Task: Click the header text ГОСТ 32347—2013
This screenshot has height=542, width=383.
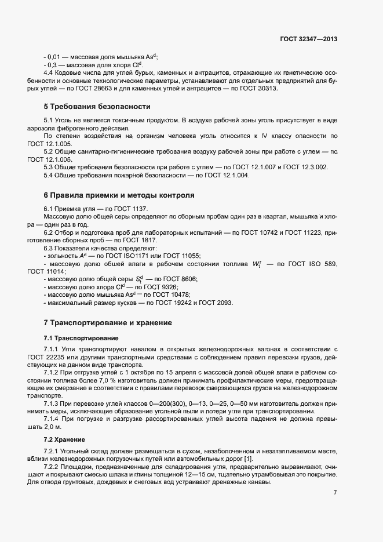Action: point(308,39)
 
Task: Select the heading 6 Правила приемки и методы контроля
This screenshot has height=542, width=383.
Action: point(119,195)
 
